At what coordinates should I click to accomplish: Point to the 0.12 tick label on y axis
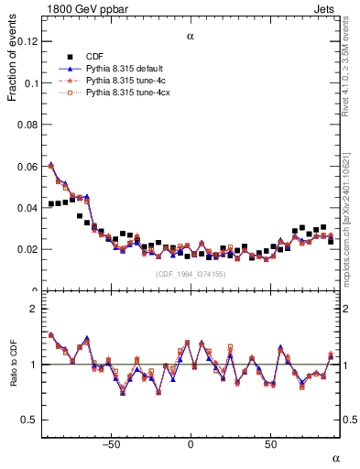click(27, 41)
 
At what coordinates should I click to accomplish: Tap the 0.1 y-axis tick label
click(31, 83)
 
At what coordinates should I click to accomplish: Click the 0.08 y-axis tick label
click(27, 125)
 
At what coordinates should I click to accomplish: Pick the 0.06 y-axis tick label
click(27, 166)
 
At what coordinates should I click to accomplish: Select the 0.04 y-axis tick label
click(27, 208)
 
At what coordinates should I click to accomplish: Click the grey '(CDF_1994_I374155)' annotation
click(191, 274)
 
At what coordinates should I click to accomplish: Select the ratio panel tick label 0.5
click(31, 420)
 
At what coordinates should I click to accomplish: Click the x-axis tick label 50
click(270, 444)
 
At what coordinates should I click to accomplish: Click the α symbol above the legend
click(191, 38)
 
